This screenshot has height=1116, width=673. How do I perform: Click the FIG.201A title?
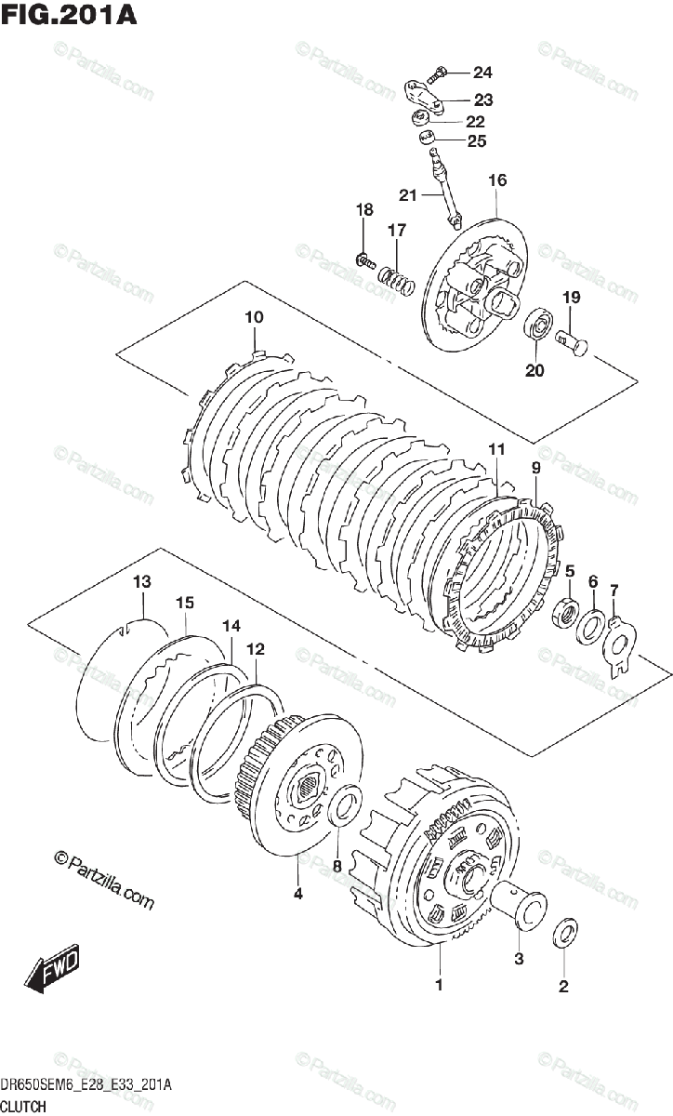(69, 16)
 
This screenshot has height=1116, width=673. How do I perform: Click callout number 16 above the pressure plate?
(496, 179)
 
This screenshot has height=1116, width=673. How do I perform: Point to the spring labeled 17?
(396, 277)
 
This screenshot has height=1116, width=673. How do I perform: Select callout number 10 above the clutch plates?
(254, 317)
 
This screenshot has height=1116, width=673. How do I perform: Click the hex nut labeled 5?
(565, 615)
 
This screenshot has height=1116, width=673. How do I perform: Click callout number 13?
(141, 582)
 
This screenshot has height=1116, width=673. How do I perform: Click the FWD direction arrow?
(54, 967)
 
